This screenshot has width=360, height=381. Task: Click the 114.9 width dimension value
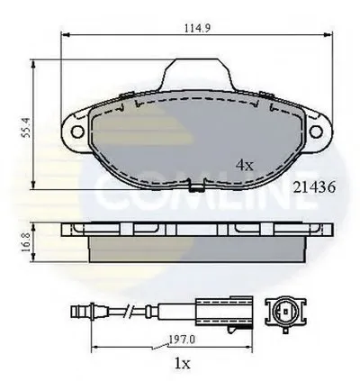197,28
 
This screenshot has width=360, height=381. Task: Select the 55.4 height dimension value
26,128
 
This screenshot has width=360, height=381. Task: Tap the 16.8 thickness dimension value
26,242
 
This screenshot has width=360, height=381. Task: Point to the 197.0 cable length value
182,340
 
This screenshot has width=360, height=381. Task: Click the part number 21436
314,187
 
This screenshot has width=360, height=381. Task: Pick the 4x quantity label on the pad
245,165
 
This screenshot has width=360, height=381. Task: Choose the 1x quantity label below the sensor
182,364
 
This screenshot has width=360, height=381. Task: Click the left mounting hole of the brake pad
77,132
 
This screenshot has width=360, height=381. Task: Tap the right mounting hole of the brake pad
316,132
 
